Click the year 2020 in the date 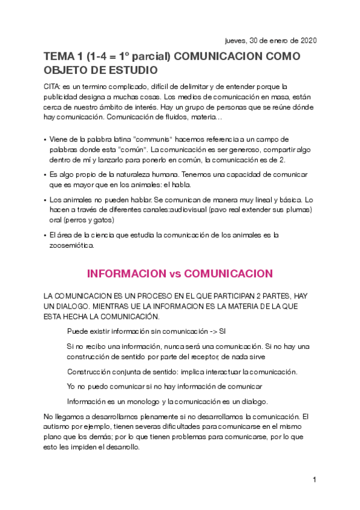[x=307, y=40]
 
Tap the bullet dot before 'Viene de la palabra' [x=46, y=140]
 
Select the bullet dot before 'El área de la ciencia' [x=46, y=235]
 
